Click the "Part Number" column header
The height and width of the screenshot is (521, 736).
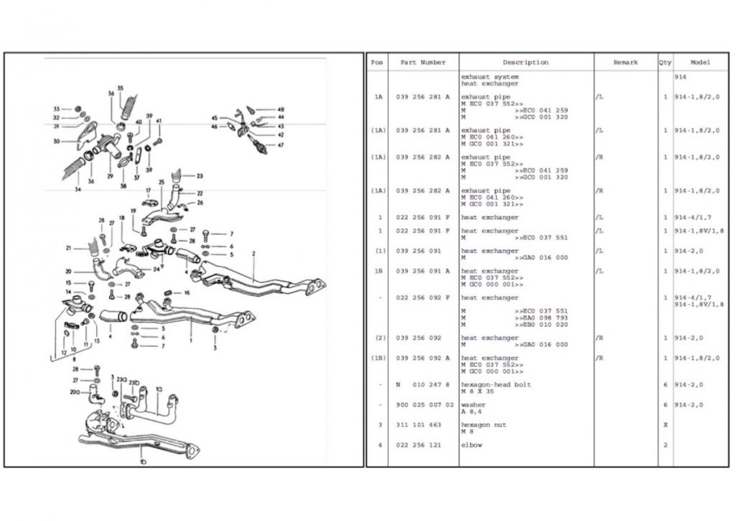click(x=423, y=63)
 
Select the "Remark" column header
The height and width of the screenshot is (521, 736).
click(x=625, y=63)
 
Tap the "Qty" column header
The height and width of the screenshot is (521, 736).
click(x=665, y=63)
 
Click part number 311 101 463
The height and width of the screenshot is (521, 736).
click(x=419, y=425)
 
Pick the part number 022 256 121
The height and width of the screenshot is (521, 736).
click(x=419, y=445)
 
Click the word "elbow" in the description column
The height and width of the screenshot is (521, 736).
click(x=472, y=445)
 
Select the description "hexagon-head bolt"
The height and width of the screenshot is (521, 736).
click(x=495, y=384)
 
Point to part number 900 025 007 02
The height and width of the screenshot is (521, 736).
click(x=425, y=405)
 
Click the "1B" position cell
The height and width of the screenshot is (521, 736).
click(x=378, y=271)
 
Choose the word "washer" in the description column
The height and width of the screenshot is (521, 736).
click(x=473, y=405)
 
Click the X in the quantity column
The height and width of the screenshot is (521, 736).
click(x=665, y=425)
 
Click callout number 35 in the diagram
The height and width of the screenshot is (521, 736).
click(x=120, y=88)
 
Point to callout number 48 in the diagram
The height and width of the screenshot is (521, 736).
click(x=281, y=109)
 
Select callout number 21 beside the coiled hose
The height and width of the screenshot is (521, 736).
click(x=69, y=248)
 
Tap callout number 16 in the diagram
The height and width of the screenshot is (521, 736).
click(x=187, y=293)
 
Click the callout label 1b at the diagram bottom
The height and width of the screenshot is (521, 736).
click(x=144, y=458)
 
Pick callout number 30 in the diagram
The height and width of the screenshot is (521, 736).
click(x=56, y=141)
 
